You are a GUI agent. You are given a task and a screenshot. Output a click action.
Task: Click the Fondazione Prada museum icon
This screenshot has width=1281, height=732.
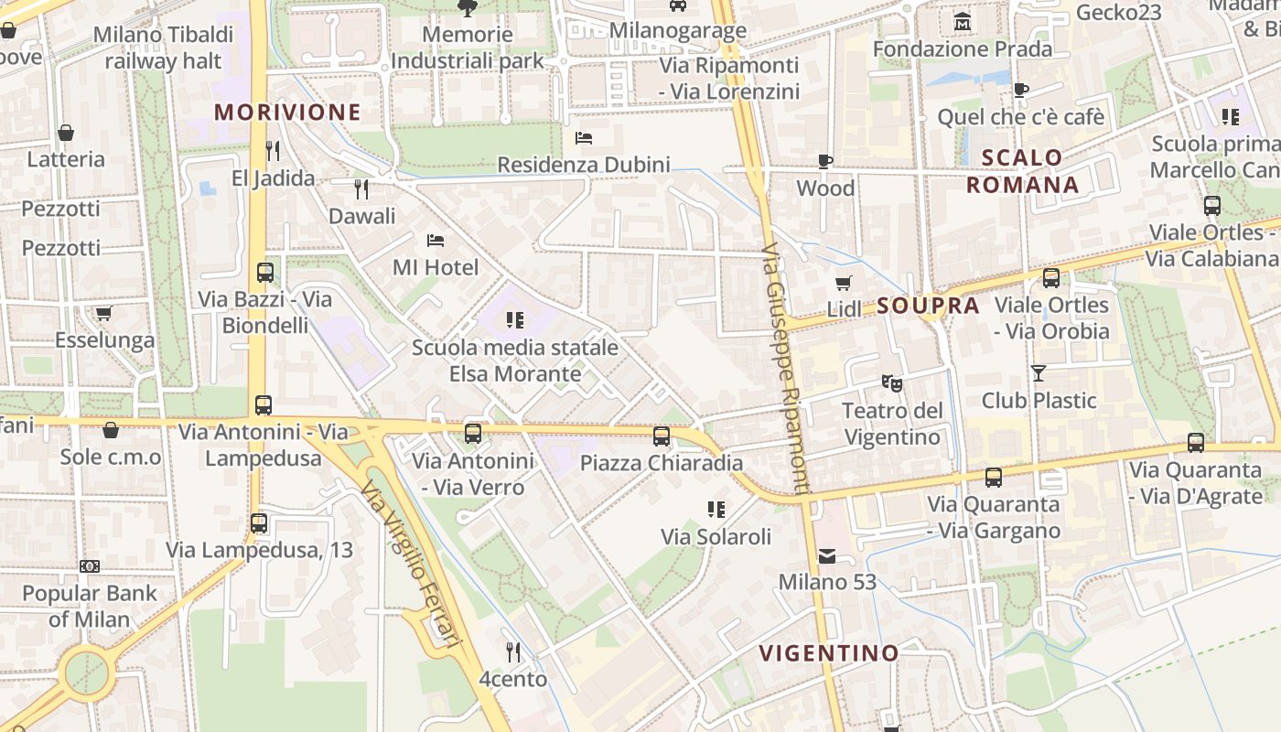pos(962,21)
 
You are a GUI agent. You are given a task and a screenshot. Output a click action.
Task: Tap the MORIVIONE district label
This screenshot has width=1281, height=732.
pos(287,113)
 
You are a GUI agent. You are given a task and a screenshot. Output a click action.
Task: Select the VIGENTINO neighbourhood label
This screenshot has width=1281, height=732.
pos(829,652)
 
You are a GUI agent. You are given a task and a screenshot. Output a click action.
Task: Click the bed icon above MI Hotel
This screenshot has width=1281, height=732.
pos(436,241)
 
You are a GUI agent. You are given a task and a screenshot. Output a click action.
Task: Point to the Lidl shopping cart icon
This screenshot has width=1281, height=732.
pos(843,283)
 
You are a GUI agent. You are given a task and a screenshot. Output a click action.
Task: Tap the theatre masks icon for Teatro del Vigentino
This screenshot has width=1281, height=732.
pos(891,382)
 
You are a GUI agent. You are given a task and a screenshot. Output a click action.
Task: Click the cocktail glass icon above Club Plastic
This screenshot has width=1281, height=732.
pos(1038,373)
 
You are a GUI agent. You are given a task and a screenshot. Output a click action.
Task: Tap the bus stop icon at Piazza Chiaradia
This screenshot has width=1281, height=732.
pos(662,436)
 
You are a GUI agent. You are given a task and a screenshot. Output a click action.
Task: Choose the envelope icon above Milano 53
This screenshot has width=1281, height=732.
pos(827,555)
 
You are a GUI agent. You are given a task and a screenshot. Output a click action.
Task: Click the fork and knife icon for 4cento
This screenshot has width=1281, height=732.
pos(513,652)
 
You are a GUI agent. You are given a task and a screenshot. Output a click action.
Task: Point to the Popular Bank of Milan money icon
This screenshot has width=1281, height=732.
pos(90,566)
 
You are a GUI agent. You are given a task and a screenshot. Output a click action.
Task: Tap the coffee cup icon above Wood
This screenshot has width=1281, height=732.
pos(825,162)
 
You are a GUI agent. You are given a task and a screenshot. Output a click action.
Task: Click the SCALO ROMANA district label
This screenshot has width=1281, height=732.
pos(1022,171)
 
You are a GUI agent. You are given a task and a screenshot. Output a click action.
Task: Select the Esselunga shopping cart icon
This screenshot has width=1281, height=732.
pos(103,314)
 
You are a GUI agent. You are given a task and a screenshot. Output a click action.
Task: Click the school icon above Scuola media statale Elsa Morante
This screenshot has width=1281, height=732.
pos(514,320)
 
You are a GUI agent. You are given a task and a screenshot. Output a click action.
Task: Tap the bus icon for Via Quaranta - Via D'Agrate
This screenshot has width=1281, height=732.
pos(1195,443)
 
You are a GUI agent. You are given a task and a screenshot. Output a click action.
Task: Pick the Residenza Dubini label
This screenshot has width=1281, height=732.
pos(583,165)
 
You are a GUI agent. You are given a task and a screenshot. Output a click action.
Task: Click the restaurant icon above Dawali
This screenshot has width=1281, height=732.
pos(361,189)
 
